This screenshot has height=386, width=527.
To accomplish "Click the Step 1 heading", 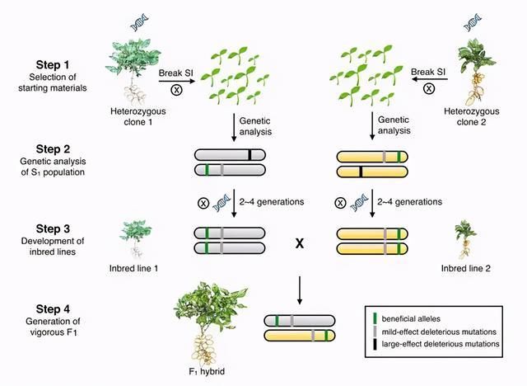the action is click(53, 64).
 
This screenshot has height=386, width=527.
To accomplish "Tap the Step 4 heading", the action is click(53, 309).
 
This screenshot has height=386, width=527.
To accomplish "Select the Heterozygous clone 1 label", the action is click(138, 116).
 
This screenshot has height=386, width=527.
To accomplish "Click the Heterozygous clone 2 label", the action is click(471, 116).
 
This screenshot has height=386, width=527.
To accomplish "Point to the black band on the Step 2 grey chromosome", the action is click(250, 155).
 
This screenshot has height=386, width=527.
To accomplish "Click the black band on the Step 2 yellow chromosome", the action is click(361, 172).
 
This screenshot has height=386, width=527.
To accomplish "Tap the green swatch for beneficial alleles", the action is click(375, 318).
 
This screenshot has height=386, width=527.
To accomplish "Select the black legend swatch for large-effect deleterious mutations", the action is click(375, 344).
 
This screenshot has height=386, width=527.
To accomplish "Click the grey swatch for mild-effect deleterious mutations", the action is click(375, 332).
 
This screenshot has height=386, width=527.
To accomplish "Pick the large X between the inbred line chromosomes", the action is click(300, 243).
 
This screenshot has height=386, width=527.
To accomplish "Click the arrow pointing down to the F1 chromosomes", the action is click(300, 290).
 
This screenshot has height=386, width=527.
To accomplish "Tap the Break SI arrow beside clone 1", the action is click(177, 81).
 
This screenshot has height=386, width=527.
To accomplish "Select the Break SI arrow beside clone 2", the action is click(430, 79).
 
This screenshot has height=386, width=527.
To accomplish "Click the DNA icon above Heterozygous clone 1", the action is click(139, 22).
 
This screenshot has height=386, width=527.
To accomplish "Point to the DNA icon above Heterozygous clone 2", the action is click(472, 22).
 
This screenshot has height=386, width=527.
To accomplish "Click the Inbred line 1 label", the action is click(133, 268).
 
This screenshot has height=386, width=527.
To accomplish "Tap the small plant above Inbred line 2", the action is click(464, 240).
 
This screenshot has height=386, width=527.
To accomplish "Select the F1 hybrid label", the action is click(207, 371).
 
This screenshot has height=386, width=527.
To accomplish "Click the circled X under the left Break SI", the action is click(177, 90).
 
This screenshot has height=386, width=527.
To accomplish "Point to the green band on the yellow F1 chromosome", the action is click(326, 336).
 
